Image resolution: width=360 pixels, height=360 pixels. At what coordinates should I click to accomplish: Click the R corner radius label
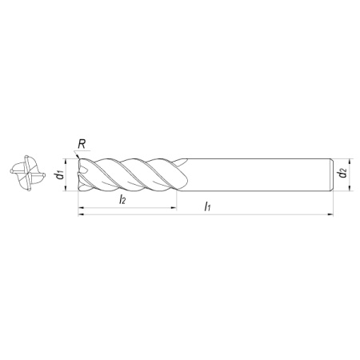pos(82,144)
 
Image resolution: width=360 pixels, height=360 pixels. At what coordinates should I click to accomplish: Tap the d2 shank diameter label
pos(342,173)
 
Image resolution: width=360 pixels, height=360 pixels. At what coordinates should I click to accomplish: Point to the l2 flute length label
pos(122,199)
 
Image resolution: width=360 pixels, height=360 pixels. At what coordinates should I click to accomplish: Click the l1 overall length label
pos(207,206)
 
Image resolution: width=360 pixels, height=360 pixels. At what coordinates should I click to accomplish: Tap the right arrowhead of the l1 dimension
pos(330,214)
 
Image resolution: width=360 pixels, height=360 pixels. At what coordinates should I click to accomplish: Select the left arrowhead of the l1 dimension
pos(81,214)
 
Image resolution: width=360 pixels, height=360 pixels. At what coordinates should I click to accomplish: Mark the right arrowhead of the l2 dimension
pos(174,207)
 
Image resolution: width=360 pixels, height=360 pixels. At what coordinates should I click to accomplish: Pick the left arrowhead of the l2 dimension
pos(81,207)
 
